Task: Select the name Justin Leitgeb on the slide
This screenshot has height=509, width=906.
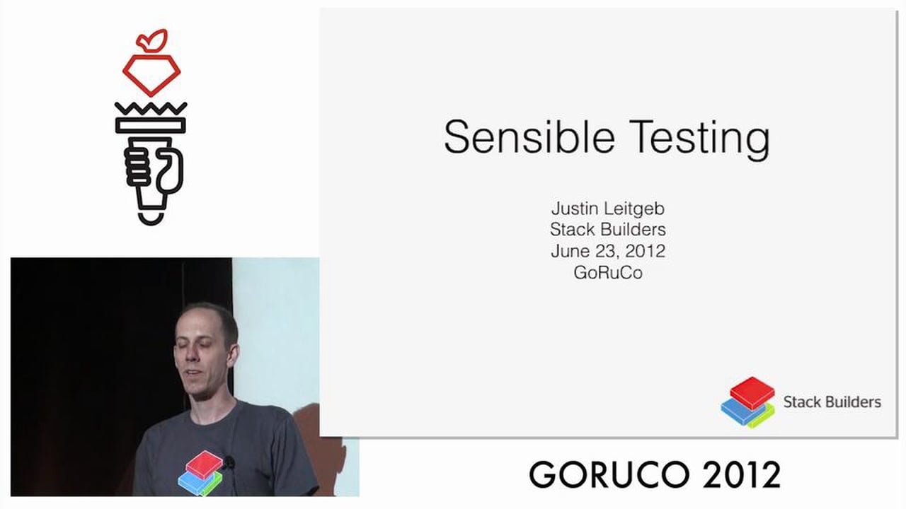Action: [x=607, y=209]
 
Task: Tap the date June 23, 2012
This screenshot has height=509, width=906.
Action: [x=607, y=251]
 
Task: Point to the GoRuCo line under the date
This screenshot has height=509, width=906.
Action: [x=607, y=273]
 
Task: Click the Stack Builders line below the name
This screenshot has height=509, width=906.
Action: [x=607, y=230]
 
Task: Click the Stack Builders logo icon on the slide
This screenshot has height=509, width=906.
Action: [x=748, y=402]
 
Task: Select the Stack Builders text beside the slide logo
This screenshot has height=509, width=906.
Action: [x=832, y=402]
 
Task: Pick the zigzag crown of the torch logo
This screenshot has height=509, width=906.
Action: [x=151, y=110]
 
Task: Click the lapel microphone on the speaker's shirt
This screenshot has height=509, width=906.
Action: [x=229, y=463]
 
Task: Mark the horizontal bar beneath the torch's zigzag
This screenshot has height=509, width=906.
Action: [x=151, y=126]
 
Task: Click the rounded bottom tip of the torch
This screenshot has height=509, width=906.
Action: [x=151, y=216]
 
